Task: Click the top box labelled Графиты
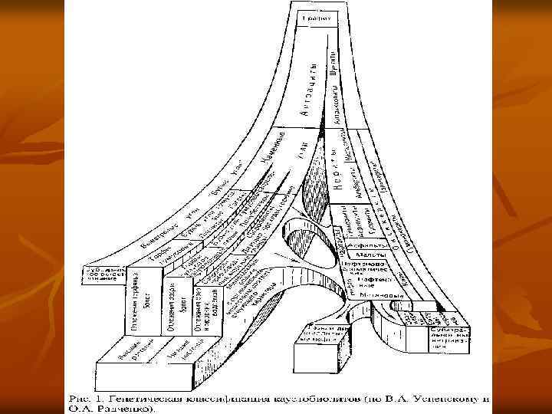[x=315, y=16]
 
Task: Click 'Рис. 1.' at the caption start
[x=82, y=398]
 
